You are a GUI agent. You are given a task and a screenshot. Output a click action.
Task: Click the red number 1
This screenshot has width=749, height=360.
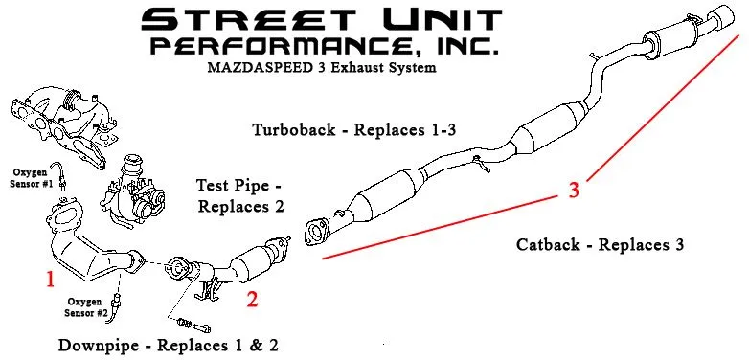pos(50,279)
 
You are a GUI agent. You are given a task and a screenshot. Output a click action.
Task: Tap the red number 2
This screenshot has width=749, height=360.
pos(252,299)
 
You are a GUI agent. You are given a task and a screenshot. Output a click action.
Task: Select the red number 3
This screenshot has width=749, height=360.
pos(574,190)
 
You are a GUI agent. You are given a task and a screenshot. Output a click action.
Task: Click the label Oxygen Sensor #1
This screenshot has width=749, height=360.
pos(31,178)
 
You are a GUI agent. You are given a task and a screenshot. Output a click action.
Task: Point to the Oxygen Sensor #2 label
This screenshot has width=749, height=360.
pos(83,307)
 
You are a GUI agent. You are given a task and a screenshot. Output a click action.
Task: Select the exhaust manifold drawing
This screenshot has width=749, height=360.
pos(63,125)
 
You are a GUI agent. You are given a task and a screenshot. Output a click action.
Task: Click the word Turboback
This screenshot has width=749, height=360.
pos(294,129)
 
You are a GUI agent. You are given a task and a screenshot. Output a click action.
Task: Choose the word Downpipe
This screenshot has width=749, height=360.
pos(101,345)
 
